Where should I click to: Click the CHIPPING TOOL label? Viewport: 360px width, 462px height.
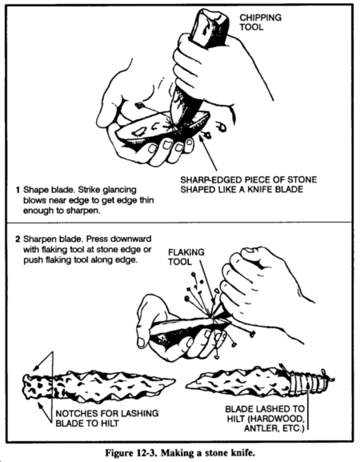260,22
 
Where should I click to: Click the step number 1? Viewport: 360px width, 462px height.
18,190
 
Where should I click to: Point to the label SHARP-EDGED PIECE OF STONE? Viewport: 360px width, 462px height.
249,179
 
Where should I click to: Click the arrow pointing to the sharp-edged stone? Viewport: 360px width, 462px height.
209,153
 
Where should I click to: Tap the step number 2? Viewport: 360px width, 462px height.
18,239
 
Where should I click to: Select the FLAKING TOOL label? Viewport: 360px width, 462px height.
186,257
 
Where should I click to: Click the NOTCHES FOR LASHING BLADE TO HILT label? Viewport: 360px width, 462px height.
107,419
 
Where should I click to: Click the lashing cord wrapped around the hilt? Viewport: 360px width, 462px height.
308,381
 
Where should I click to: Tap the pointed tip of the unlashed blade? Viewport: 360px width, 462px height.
174,380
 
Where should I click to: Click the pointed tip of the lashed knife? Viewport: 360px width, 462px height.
187,384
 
